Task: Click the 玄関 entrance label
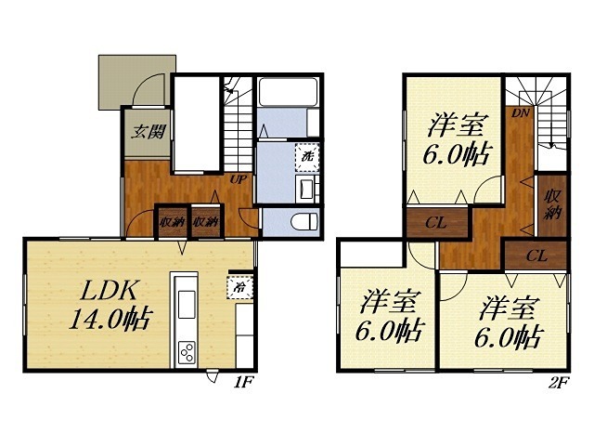coord(147,130)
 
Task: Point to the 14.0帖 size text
coord(110,321)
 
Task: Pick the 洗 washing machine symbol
coord(307,156)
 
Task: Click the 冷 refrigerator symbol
coord(237,286)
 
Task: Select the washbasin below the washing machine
coord(306,189)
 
